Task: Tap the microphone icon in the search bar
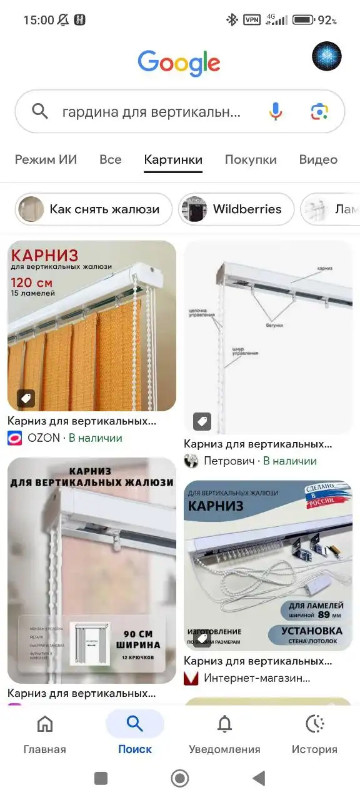point(276,111)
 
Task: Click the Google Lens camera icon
point(319,111)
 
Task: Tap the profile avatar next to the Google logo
point(327,57)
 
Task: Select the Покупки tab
point(251,159)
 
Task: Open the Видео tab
point(318,159)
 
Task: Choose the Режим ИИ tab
point(46,159)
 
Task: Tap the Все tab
point(111,159)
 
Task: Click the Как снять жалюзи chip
point(94,209)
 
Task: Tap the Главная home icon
point(45,724)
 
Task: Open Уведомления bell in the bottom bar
point(224,724)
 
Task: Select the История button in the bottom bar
point(314,724)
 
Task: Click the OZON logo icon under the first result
point(14,438)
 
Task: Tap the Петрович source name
point(229,461)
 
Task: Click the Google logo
point(179,63)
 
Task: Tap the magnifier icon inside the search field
point(40,112)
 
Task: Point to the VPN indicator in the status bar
point(252,20)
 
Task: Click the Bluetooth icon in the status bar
point(232,20)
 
